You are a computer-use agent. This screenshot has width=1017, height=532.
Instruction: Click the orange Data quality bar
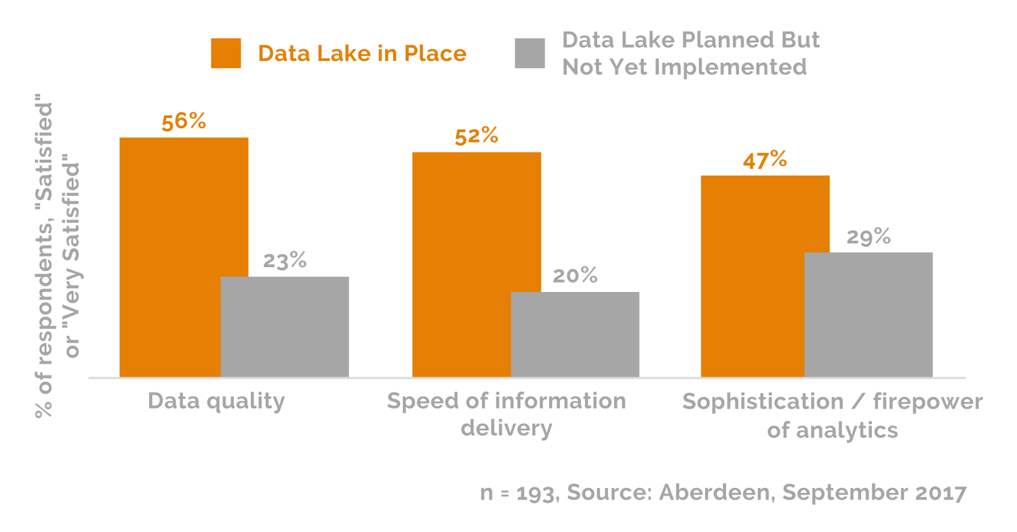pyautogui.click(x=170, y=257)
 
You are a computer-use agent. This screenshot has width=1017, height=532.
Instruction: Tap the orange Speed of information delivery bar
pyautogui.click(x=462, y=264)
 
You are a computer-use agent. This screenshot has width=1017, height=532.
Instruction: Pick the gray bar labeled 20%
pyautogui.click(x=575, y=334)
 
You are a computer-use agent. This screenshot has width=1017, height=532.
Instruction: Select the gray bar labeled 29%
pyautogui.click(x=869, y=314)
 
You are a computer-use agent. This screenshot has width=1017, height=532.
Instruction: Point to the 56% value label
pyautogui.click(x=184, y=122)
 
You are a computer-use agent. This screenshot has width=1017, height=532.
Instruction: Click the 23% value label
pyautogui.click(x=285, y=260)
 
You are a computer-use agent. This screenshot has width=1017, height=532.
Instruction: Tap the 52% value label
pyautogui.click(x=477, y=136)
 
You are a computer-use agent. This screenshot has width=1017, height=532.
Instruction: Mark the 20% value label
pyautogui.click(x=575, y=276)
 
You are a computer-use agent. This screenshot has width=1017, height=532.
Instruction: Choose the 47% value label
pyautogui.click(x=765, y=160)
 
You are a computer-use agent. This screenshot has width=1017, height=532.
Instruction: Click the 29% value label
pyautogui.click(x=869, y=237)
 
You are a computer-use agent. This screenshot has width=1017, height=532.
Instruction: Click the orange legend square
pyautogui.click(x=226, y=54)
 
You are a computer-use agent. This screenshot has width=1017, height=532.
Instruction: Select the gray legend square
pyautogui.click(x=530, y=54)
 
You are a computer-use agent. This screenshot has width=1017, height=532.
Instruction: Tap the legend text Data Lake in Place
pyautogui.click(x=362, y=54)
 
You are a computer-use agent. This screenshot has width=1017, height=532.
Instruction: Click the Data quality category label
pyautogui.click(x=216, y=401)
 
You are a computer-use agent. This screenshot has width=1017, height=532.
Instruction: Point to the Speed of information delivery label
pyautogui.click(x=506, y=414)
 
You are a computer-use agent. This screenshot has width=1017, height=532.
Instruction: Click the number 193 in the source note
pyautogui.click(x=536, y=493)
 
